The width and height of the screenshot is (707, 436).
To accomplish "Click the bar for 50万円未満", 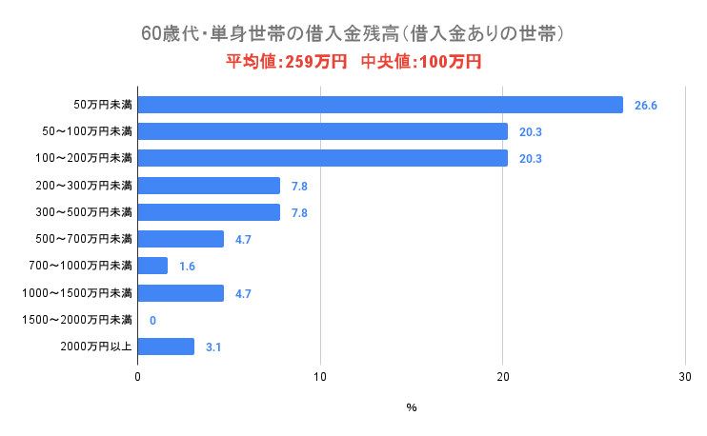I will coord(380,105).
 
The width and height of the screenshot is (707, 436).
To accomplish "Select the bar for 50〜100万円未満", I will coord(323,131).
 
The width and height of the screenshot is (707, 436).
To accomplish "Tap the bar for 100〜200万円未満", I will coord(323,158).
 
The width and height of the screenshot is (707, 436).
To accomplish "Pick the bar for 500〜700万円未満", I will coord(181,239).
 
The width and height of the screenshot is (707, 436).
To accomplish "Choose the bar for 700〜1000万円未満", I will coord(152,266).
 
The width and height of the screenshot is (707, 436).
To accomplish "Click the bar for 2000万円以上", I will coord(166,347).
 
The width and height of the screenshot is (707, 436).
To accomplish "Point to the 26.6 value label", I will coord(646,106).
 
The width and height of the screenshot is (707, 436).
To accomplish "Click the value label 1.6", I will coord(187,267).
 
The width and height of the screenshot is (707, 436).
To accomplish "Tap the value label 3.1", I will coord(213,347).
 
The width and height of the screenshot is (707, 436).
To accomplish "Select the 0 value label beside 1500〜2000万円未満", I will coord(152,321).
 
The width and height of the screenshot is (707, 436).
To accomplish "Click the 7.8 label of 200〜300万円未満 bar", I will coord(299,186).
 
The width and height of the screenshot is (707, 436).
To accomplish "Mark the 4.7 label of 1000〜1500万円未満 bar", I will coord(243,294).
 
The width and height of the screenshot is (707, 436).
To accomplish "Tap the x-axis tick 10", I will coord(320,378).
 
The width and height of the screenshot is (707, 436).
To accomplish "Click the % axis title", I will coord(412,407).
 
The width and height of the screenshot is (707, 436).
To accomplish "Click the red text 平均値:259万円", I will coord(286,62).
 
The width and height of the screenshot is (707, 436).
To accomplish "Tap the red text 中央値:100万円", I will coord(421,62).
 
